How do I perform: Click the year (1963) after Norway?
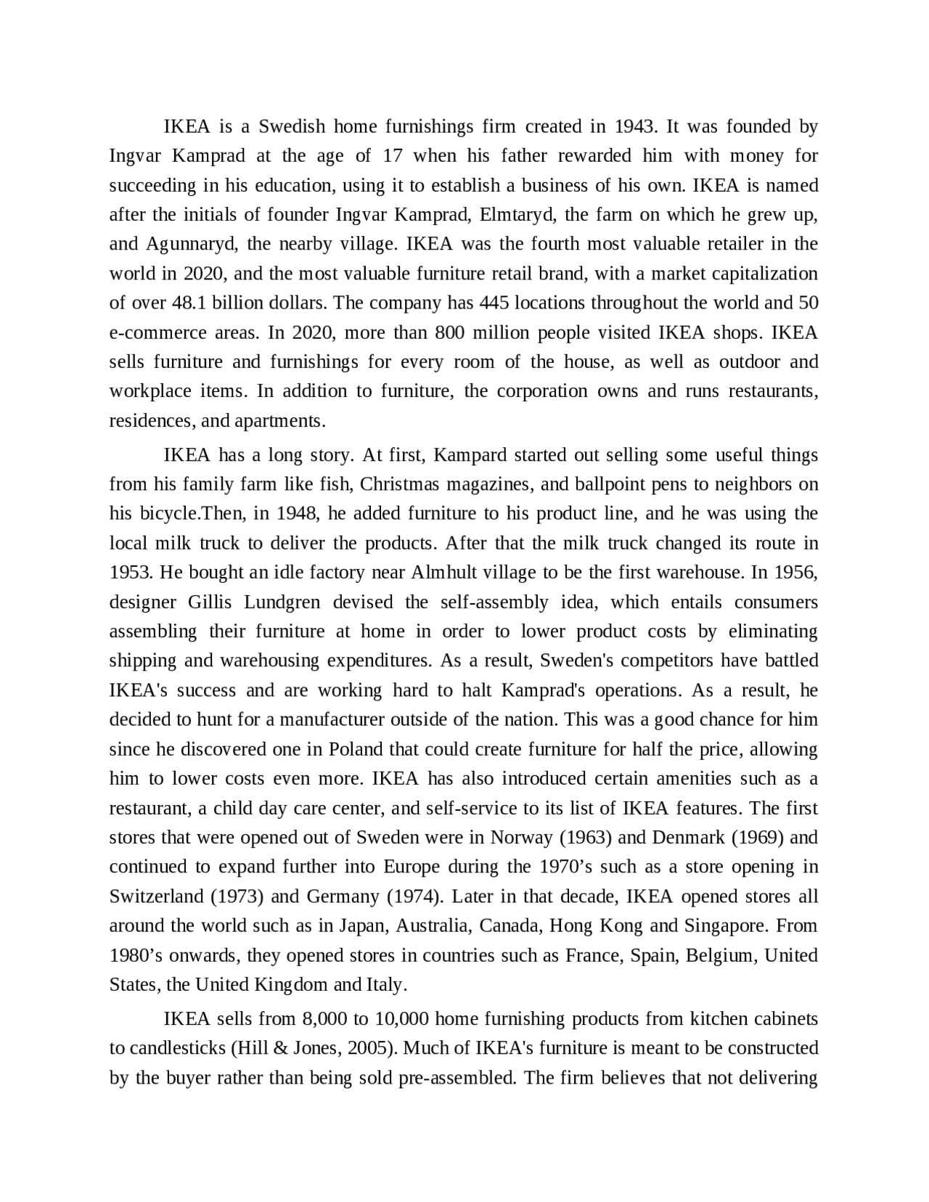point(585,838)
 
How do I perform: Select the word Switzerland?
point(156,896)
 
